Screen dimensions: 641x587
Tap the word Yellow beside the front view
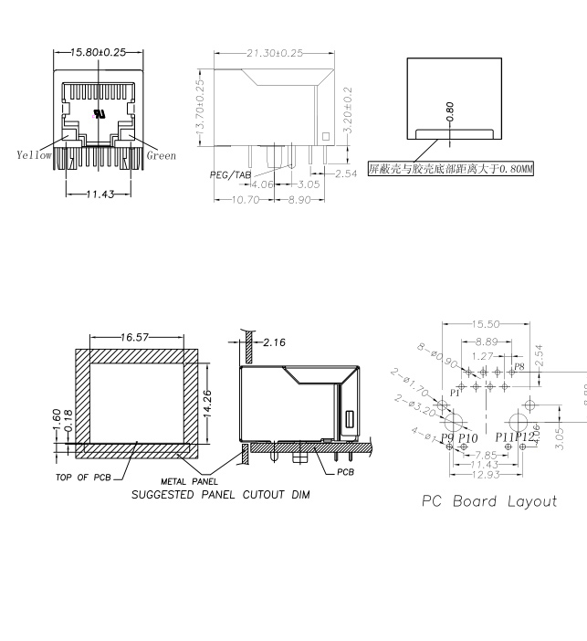click(35, 155)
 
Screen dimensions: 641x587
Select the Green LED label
click(162, 155)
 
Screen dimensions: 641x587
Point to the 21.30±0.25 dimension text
click(273, 53)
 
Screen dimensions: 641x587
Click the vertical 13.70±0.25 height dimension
click(200, 108)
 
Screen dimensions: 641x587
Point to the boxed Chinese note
click(450, 169)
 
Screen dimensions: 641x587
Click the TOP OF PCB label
click(84, 477)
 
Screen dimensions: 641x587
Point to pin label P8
click(519, 365)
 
